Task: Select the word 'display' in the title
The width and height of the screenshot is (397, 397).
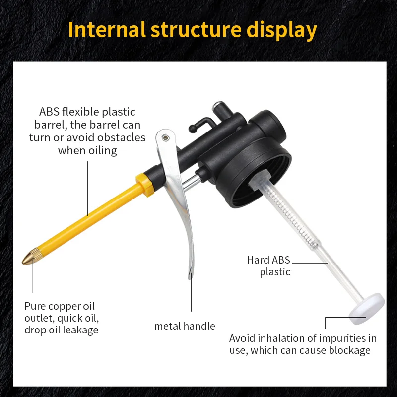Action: (x=281, y=30)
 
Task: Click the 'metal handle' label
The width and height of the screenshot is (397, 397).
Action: (x=185, y=326)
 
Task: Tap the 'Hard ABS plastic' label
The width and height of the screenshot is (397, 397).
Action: (x=269, y=266)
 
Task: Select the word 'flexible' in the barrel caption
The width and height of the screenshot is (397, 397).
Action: (x=83, y=112)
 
